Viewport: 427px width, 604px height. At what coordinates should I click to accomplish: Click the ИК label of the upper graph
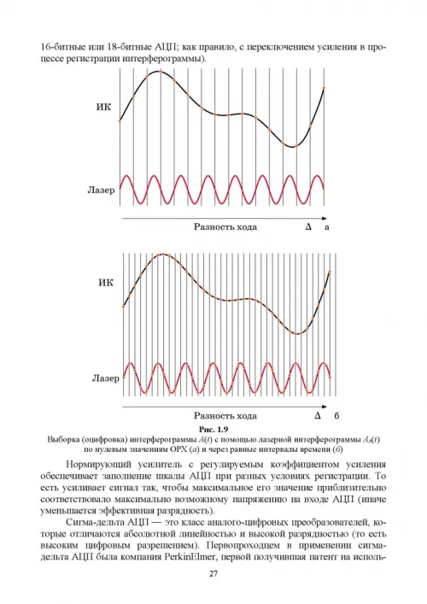[x=103, y=107]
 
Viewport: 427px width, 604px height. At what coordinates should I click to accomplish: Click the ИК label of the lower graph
[x=106, y=283]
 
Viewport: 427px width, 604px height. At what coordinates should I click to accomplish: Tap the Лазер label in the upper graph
[x=102, y=190]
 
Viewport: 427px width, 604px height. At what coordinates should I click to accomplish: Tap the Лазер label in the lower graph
[x=106, y=378]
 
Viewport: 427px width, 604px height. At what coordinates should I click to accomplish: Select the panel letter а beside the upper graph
[x=327, y=227]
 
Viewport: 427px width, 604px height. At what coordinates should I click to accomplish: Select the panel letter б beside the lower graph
[x=336, y=416]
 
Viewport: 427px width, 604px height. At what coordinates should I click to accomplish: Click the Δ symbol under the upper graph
[x=308, y=227]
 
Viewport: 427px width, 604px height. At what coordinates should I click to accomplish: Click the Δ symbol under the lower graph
[x=318, y=416]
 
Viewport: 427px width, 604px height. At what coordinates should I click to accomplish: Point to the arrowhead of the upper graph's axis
[x=325, y=219]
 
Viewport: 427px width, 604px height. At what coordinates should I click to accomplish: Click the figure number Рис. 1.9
[x=213, y=429]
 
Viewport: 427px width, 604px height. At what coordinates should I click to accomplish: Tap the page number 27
[x=213, y=573]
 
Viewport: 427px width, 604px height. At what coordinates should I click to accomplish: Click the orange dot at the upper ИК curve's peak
[x=160, y=71]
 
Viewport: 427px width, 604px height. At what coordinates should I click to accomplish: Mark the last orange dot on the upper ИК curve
[x=324, y=88]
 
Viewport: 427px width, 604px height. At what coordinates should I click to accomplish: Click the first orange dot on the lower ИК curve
[x=124, y=307]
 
